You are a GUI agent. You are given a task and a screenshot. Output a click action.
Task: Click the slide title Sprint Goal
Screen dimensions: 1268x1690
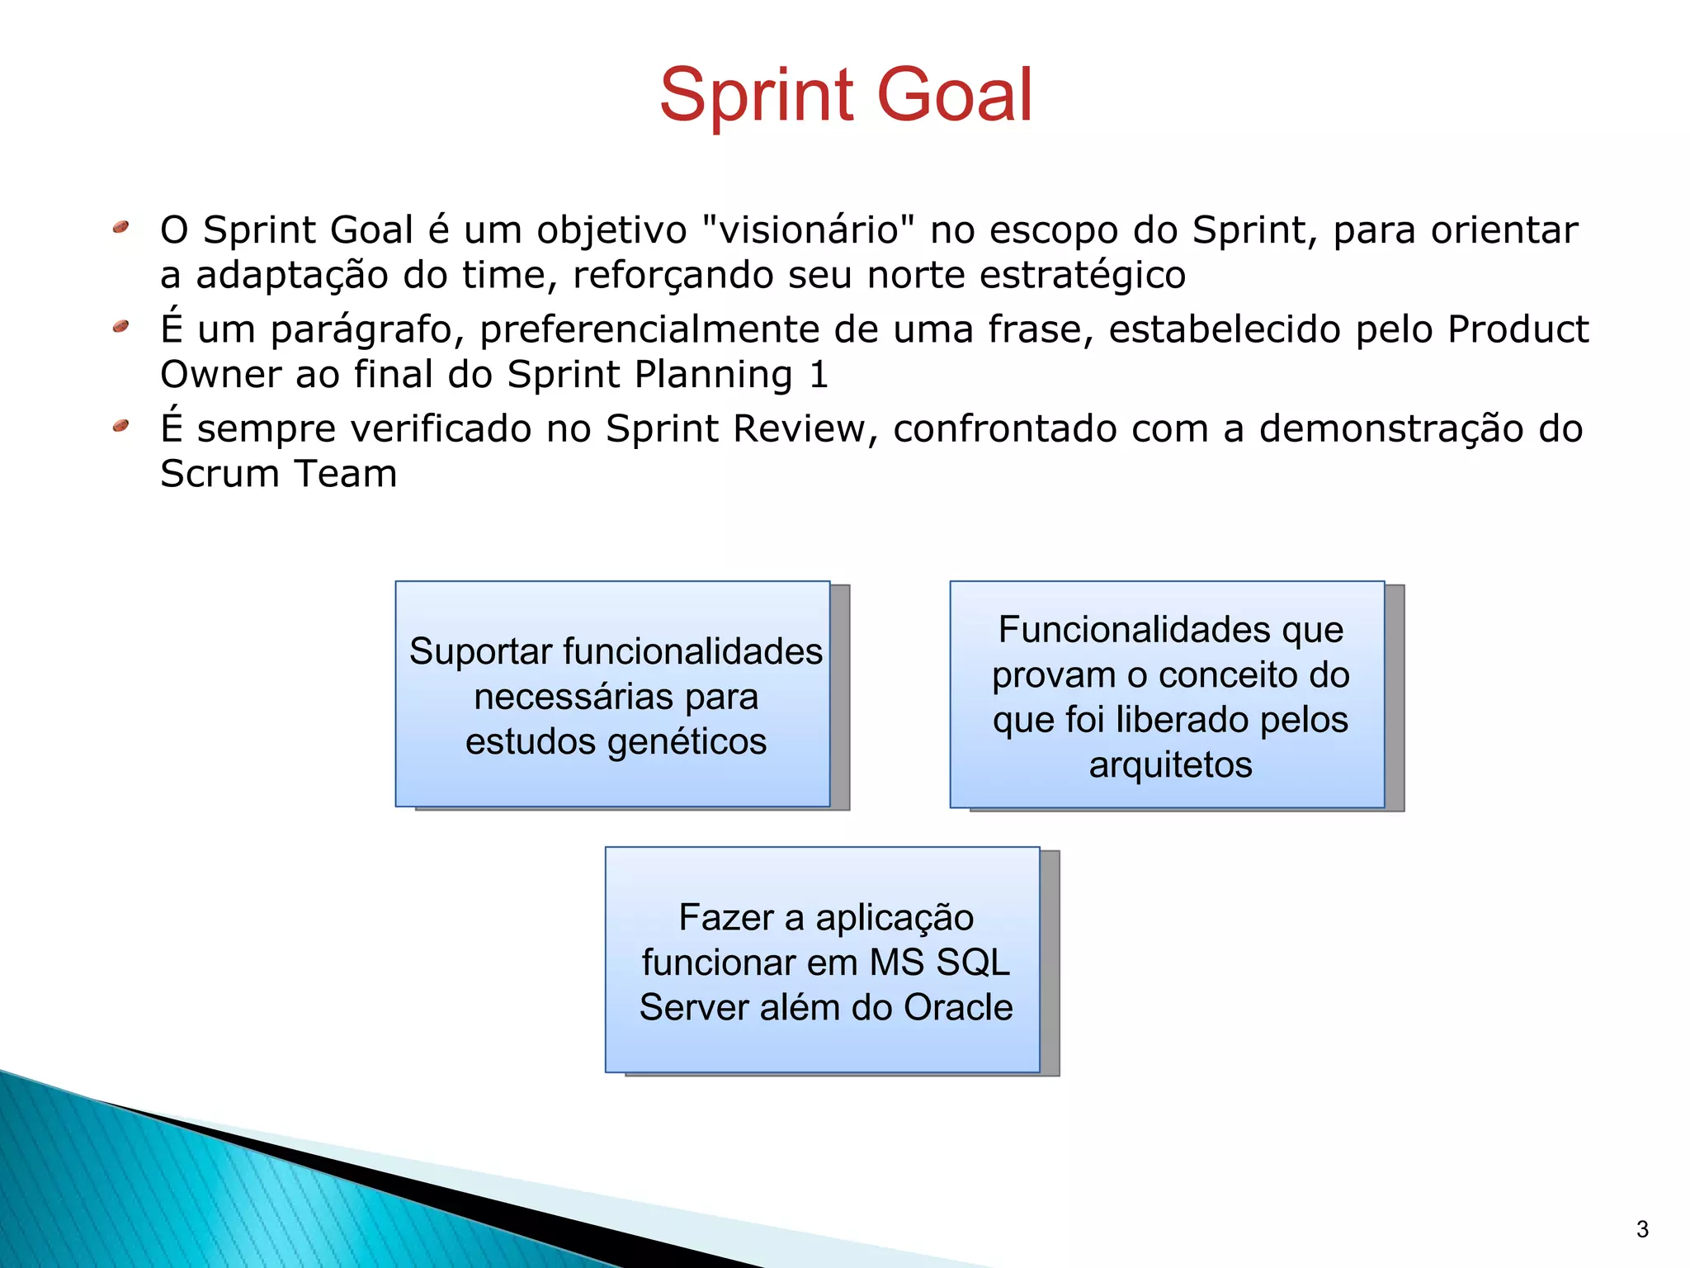(x=845, y=95)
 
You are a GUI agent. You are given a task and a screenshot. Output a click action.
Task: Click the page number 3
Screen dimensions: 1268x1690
(x=1642, y=1229)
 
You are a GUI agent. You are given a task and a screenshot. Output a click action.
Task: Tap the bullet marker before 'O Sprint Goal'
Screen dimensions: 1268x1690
(x=121, y=226)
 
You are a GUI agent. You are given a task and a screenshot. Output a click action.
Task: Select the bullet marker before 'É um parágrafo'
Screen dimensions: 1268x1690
(x=121, y=327)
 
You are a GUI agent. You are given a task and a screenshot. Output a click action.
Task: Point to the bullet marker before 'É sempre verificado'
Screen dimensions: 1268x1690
(x=121, y=426)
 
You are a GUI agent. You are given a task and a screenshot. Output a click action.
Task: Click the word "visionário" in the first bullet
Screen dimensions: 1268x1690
(x=808, y=229)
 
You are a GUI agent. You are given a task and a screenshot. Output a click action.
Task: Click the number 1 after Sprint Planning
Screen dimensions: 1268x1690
(x=818, y=375)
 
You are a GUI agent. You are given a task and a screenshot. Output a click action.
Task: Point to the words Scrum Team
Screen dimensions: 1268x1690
(x=278, y=474)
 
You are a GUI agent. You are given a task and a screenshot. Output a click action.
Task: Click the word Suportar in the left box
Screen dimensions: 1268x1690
(x=480, y=651)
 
